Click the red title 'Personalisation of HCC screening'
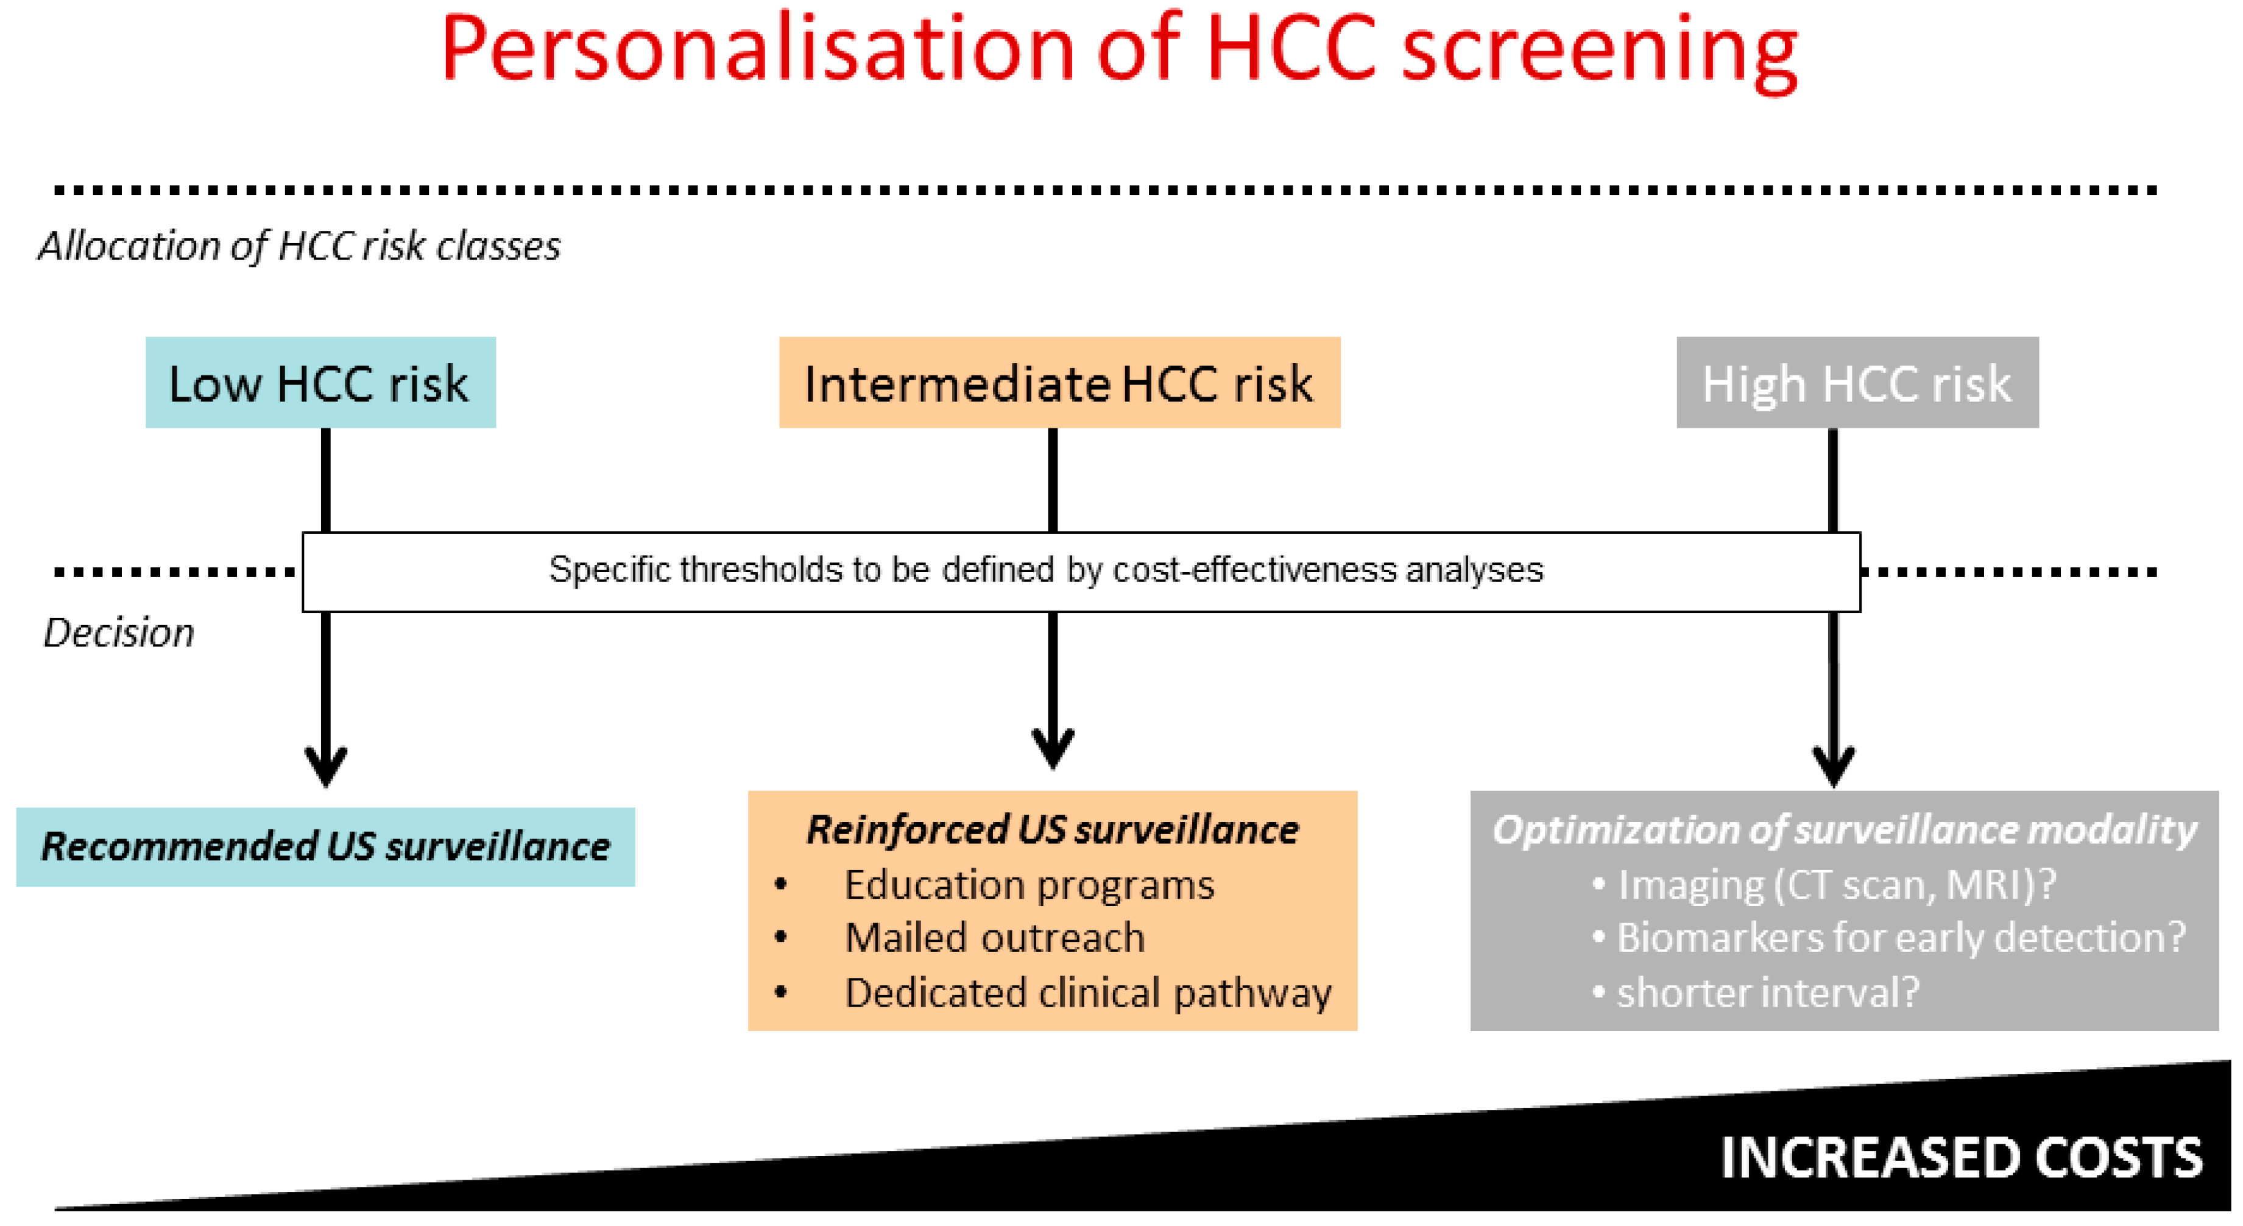coord(1120,51)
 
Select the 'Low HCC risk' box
coord(320,382)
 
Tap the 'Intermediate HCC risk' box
coord(1060,382)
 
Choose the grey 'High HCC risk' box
coord(1857,382)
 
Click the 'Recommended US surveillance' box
coord(326,846)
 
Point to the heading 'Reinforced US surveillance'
coord(1053,829)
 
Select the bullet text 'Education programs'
coord(1029,885)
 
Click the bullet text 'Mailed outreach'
coord(994,938)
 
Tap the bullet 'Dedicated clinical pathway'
coord(1089,993)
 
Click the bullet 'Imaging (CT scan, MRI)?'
coord(1825,885)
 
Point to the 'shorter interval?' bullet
coord(1756,993)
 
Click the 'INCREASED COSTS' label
coord(1961,1158)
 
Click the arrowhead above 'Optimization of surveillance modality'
coord(1834,767)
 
